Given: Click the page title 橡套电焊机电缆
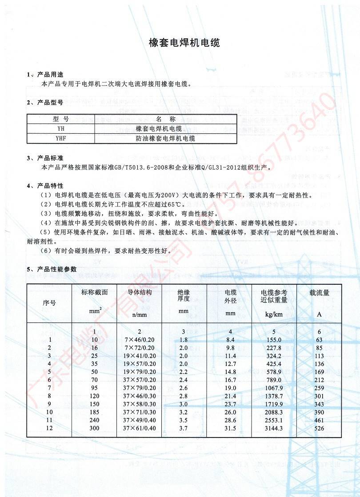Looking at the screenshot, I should click(x=184, y=44).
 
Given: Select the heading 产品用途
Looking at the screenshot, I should click(x=50, y=74).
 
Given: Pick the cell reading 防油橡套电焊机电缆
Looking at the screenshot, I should click(x=165, y=138).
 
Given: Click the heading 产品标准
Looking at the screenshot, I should click(x=50, y=158).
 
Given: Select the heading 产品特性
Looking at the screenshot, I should click(x=50, y=185).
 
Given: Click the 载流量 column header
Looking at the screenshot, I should click(x=319, y=293).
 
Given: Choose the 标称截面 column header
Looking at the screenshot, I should click(x=94, y=293).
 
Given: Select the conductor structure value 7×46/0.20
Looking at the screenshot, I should click(x=140, y=340).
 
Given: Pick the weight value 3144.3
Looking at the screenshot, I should click(x=274, y=428).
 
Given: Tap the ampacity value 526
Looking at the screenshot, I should click(x=319, y=428).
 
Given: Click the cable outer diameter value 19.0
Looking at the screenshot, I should click(x=230, y=388).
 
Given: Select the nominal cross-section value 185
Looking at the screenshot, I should click(x=94, y=412).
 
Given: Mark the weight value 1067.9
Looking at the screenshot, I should click(x=274, y=388).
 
